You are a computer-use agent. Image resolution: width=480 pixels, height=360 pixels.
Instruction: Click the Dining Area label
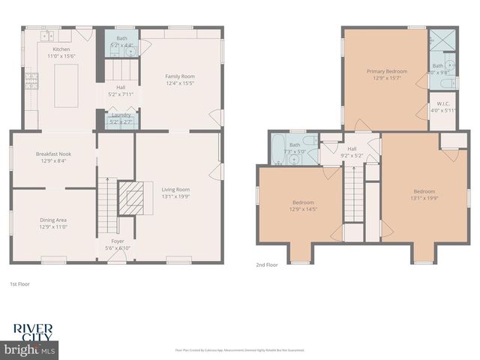point(53,220)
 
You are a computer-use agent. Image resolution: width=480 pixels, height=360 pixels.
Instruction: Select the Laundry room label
point(120,115)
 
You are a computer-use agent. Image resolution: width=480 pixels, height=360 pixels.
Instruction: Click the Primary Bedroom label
point(386,71)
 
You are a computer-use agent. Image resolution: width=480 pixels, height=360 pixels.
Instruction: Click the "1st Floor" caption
point(19,285)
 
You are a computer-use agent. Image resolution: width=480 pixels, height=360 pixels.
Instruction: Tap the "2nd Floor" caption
point(266,265)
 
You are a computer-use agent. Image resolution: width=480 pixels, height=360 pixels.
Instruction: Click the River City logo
point(35,331)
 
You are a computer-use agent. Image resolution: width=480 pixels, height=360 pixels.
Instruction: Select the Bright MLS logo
point(30,349)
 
